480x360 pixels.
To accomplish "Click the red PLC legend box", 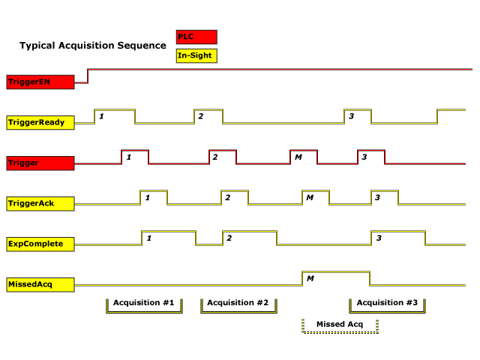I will [x=196, y=37].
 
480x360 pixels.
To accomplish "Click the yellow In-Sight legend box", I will [x=196, y=55].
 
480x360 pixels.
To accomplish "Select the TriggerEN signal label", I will [x=40, y=82].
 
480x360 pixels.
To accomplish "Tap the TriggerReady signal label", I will [x=40, y=122].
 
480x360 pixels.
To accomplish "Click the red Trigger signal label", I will [x=40, y=163].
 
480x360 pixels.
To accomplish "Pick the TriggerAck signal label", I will [x=40, y=203].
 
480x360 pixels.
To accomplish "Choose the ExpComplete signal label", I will [x=40, y=244].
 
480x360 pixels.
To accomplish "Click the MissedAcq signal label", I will [x=40, y=284].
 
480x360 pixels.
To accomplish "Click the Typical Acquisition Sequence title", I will [x=93, y=46].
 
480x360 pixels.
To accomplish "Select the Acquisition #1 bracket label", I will [x=144, y=303].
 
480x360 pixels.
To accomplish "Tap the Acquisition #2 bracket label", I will [x=238, y=303].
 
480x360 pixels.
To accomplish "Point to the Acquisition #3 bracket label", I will [x=387, y=303].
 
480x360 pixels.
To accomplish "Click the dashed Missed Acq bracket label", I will [x=340, y=324].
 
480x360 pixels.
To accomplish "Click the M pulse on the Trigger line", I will [x=304, y=157].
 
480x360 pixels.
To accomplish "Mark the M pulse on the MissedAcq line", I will [x=335, y=278].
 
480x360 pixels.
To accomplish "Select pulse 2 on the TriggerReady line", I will [x=208, y=116].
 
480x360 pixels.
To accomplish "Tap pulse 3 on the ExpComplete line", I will [x=398, y=238].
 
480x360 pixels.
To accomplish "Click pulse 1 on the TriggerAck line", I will [x=154, y=197].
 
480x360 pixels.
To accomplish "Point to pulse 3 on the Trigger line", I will [x=371, y=157].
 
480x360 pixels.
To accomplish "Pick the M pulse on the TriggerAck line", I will [x=316, y=197].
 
